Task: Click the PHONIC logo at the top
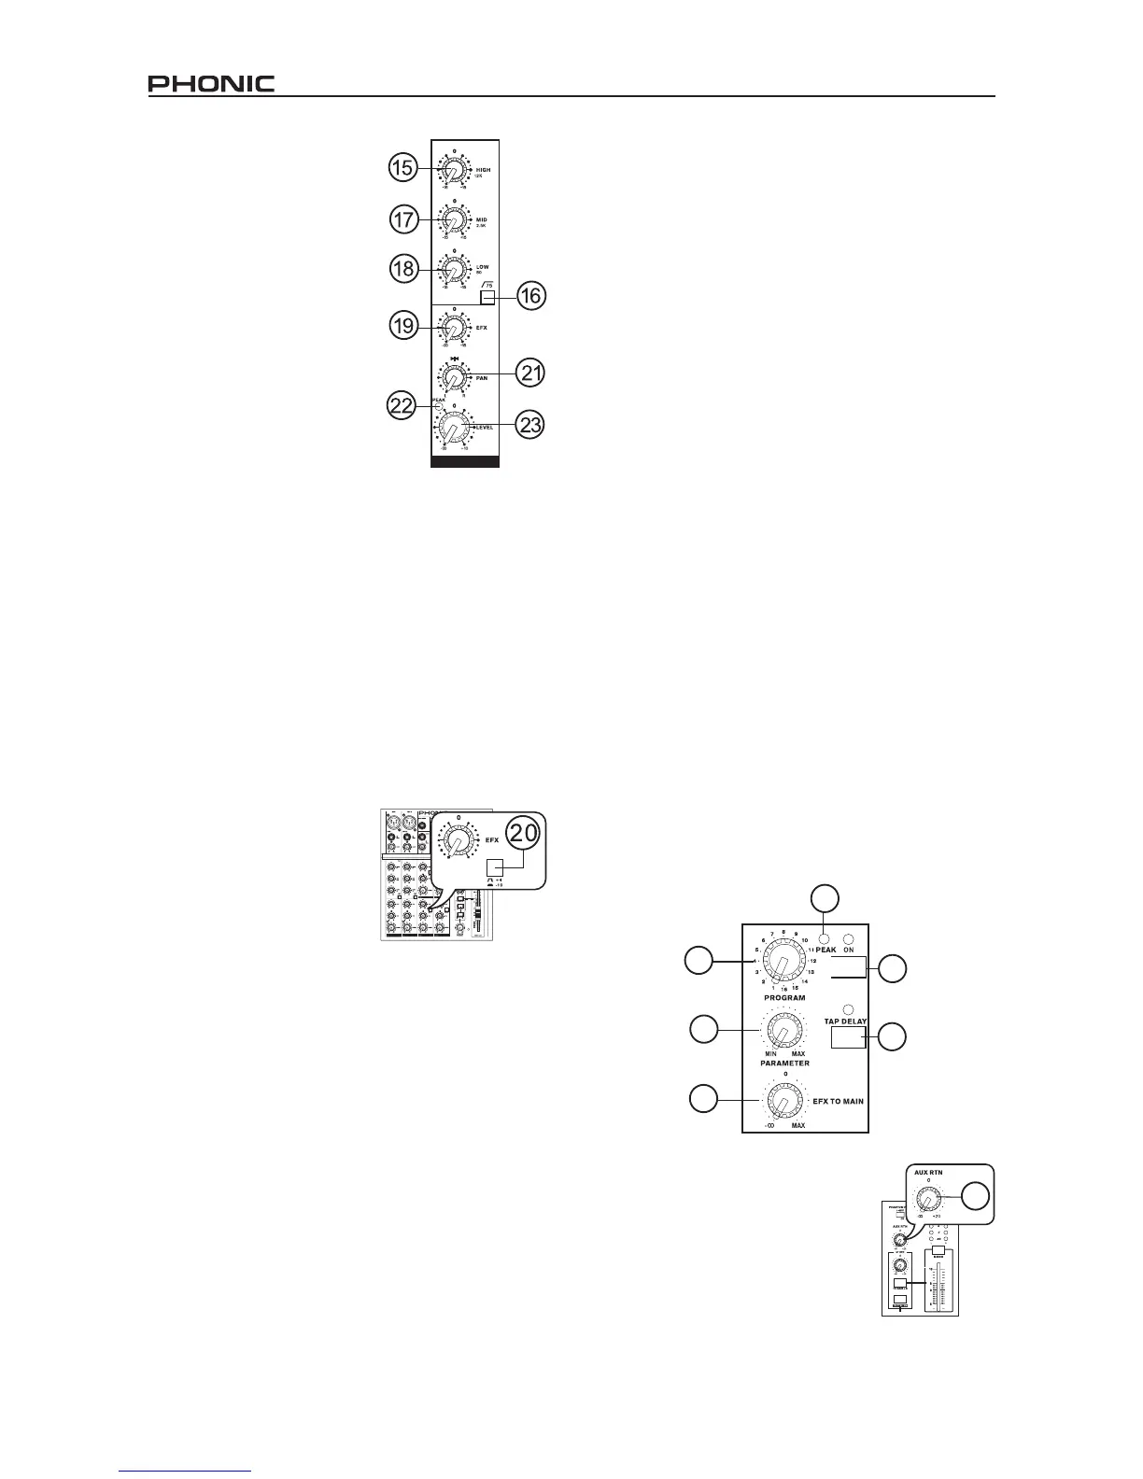tap(211, 83)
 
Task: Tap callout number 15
tap(402, 168)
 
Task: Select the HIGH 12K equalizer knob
tap(453, 174)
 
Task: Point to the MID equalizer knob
tap(453, 222)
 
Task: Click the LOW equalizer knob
tap(453, 271)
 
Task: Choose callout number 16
tap(529, 298)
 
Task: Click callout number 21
tap(530, 373)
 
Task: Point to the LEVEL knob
tap(453, 430)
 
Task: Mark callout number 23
tap(530, 425)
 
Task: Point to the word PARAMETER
tap(783, 1063)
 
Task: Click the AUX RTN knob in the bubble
tap(928, 1198)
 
